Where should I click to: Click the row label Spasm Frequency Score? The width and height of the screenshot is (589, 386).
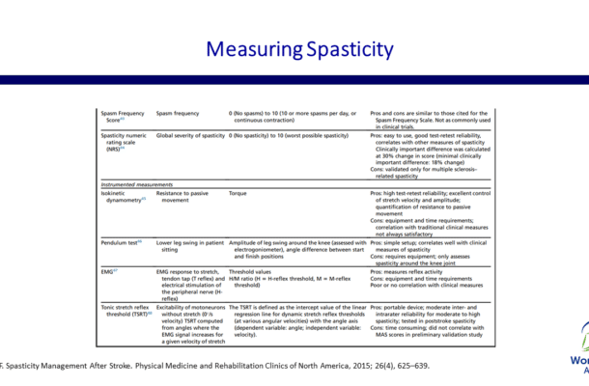coord(122,118)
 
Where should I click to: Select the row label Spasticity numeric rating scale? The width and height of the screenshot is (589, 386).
coord(124,142)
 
